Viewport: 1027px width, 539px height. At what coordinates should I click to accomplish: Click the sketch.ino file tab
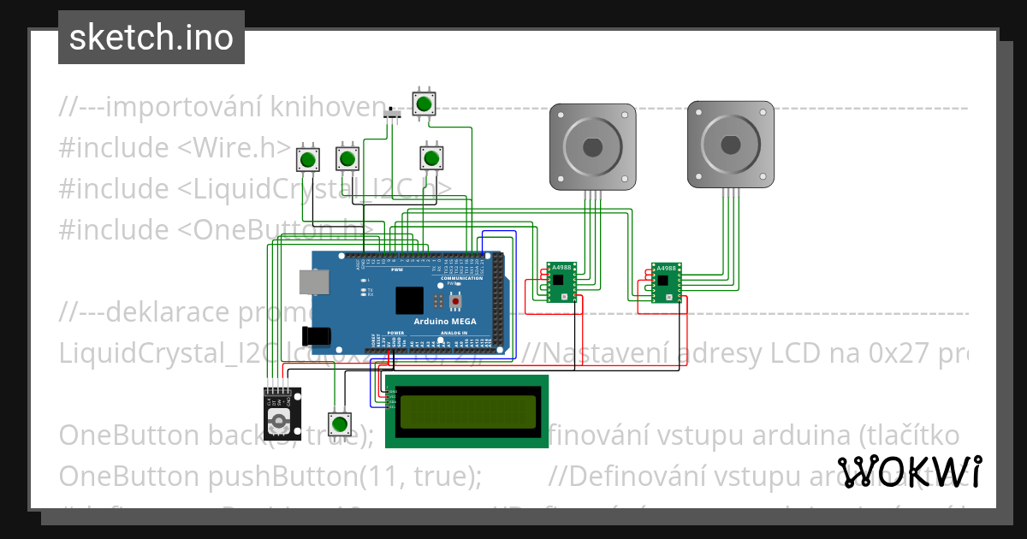(x=151, y=38)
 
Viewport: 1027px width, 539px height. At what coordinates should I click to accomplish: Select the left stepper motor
(x=592, y=145)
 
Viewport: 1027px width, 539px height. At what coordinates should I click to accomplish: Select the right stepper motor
(x=730, y=145)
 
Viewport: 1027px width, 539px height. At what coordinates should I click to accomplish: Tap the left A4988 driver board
(x=561, y=282)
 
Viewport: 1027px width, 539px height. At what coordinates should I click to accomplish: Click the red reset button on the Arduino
(x=455, y=301)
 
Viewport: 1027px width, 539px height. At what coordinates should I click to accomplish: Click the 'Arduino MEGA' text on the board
(x=446, y=321)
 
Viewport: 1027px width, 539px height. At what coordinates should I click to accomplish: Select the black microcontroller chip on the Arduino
(x=409, y=300)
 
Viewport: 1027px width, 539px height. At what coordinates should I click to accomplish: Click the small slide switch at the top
(x=394, y=115)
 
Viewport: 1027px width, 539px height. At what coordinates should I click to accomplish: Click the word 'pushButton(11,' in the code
(x=274, y=475)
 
